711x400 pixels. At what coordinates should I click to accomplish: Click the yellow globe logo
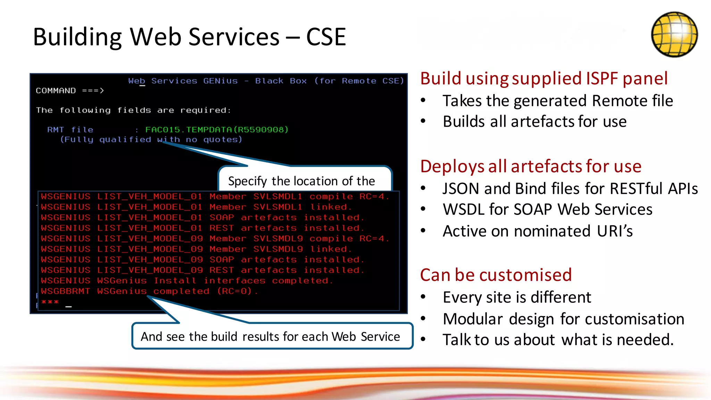click(x=674, y=34)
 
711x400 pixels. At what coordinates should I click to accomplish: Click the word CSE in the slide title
click(x=326, y=37)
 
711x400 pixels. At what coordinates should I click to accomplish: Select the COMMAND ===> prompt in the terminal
click(x=70, y=91)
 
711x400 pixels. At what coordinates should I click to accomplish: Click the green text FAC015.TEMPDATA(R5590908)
click(x=217, y=130)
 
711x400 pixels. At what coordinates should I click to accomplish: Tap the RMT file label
click(x=70, y=130)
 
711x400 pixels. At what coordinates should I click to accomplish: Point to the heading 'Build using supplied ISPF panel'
click(x=544, y=78)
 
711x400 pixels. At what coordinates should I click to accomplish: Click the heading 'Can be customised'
click(x=496, y=275)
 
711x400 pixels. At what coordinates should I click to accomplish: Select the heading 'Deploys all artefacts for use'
click(x=530, y=166)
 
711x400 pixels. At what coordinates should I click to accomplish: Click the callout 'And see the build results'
click(x=270, y=336)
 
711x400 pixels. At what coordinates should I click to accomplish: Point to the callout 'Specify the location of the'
click(x=301, y=181)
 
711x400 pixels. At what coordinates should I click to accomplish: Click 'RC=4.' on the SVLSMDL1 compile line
click(x=374, y=197)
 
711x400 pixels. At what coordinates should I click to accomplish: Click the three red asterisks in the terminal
click(x=50, y=302)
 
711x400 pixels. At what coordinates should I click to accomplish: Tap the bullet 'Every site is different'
click(x=517, y=298)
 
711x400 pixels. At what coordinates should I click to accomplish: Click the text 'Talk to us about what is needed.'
click(x=558, y=340)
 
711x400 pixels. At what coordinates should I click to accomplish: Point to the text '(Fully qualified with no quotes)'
click(x=151, y=140)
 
